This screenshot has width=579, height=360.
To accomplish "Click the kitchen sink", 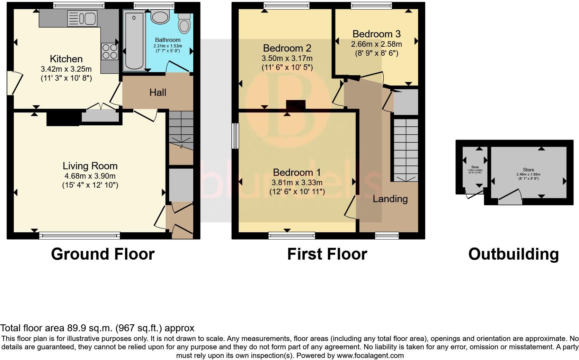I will (x=82, y=18).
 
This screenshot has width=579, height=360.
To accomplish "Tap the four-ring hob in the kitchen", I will (x=109, y=51).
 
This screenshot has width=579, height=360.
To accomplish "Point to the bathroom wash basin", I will (x=160, y=17).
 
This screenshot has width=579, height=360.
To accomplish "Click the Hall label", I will (x=158, y=92).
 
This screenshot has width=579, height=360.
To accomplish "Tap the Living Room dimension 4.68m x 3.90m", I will (x=90, y=176).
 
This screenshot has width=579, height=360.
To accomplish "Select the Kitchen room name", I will (x=66, y=58).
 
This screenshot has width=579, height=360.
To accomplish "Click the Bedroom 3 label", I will (x=376, y=34).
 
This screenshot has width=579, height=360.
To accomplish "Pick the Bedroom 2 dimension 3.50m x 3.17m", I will (x=287, y=58).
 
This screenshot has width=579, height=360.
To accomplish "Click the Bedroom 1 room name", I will (x=297, y=172).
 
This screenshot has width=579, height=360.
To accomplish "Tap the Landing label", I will (x=390, y=199).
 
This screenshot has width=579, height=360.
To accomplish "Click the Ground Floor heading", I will (x=103, y=254).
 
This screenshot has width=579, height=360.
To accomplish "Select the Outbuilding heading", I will (x=513, y=254).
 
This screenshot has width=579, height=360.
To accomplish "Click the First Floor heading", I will (x=327, y=254).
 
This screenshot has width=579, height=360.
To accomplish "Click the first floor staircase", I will (x=404, y=149).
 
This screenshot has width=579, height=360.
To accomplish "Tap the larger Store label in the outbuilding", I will (x=528, y=170).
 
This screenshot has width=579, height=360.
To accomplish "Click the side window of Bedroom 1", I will (x=235, y=136).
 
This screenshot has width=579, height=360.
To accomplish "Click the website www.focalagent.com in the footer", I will (x=370, y=355).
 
